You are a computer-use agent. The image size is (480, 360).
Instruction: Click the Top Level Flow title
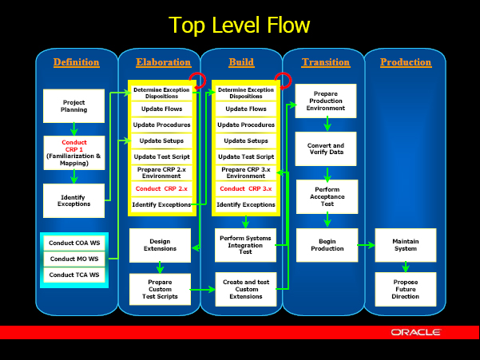tap(239, 25)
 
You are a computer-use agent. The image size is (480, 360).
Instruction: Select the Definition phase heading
tap(76, 62)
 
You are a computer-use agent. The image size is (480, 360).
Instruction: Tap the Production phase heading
tap(406, 62)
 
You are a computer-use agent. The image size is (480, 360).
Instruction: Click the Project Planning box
tap(73, 106)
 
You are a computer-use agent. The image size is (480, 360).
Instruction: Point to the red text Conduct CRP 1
tap(74, 146)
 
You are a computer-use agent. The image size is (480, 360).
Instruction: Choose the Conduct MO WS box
tap(74, 259)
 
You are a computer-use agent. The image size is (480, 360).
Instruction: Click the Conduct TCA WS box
tap(74, 275)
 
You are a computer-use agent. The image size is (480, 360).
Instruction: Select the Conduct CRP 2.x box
tap(161, 188)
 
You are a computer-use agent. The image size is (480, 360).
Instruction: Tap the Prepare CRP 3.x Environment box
tap(246, 172)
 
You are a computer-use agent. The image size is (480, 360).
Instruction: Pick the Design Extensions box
tap(160, 245)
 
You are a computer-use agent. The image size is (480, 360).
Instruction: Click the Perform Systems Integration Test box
tap(245, 245)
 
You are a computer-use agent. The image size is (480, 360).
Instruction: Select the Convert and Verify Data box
tap(326, 148)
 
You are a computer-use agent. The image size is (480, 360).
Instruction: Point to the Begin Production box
tap(327, 245)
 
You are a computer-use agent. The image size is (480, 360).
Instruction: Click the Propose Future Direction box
tap(406, 289)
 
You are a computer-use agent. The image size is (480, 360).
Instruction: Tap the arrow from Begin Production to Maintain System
tap(366, 245)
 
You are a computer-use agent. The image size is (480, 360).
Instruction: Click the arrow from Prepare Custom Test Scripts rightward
tap(203, 289)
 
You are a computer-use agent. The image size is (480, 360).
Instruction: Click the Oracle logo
tap(416, 332)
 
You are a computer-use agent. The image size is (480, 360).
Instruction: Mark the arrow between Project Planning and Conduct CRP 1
tap(73, 129)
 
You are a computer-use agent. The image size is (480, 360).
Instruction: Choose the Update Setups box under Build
tap(246, 140)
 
